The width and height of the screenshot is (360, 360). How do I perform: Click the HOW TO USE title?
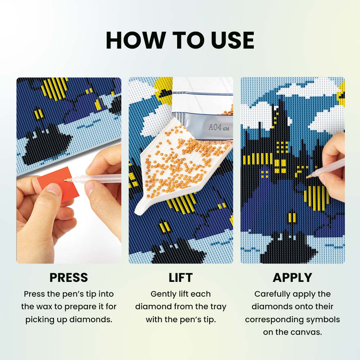(180, 40)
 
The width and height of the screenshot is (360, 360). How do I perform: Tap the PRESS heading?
(69, 277)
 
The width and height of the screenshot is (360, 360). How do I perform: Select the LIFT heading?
(181, 277)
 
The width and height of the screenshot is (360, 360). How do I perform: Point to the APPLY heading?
(292, 277)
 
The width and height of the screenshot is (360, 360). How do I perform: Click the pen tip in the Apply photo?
(308, 177)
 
